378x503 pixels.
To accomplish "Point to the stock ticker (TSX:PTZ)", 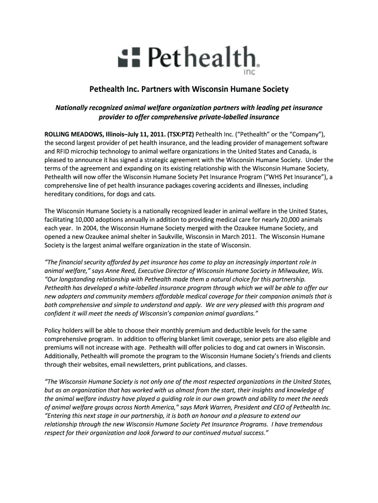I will pyautogui.click(x=180, y=134).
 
